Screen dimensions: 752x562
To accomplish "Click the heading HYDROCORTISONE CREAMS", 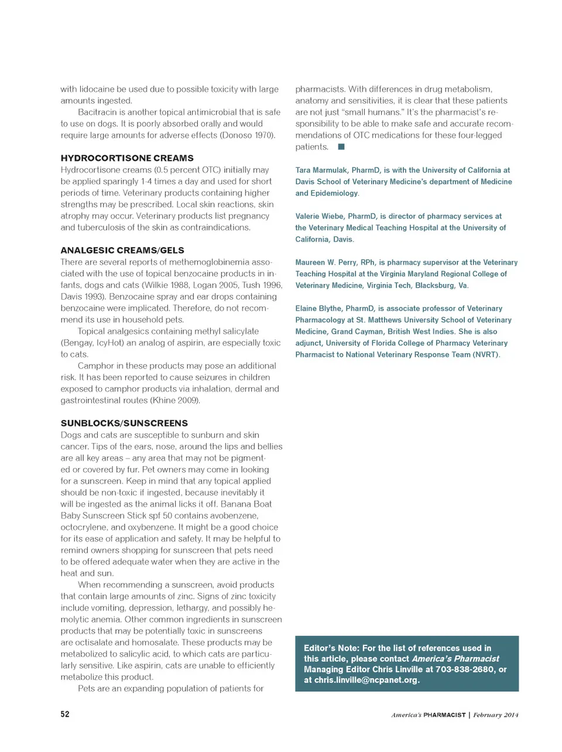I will tap(127, 158).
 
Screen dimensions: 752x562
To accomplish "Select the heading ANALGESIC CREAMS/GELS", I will tap(122, 250).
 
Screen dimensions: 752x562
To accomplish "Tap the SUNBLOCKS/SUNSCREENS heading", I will tap(124, 423).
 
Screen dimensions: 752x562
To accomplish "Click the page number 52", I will tap(65, 714).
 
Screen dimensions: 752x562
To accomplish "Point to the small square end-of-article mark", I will tap(341, 146).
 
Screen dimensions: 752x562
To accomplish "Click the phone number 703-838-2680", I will tap(465, 669).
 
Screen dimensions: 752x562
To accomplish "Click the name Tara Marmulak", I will tap(320, 170).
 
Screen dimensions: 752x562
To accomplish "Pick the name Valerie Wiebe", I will tap(319, 216).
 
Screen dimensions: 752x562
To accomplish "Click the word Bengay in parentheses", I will tap(77, 343).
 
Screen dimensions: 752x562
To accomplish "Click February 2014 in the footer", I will tap(495, 715).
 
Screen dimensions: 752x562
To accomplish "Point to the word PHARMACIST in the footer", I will tap(444, 715).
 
